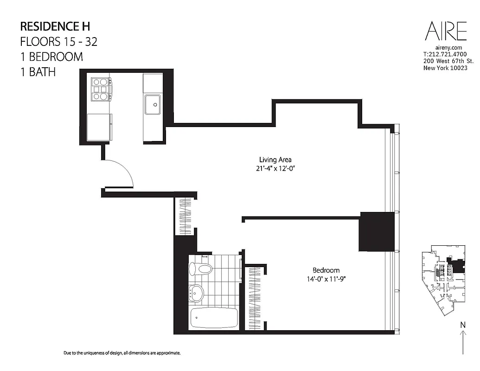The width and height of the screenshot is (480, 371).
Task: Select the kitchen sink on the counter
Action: (x=152, y=104)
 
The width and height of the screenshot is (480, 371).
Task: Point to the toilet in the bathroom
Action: (x=200, y=268)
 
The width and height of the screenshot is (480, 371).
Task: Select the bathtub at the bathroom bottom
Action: (x=214, y=317)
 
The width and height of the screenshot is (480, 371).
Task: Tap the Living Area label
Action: (x=275, y=160)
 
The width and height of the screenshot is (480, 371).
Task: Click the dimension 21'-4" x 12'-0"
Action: (x=275, y=169)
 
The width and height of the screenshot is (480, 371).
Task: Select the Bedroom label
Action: (x=326, y=270)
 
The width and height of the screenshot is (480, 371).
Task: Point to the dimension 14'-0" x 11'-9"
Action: (x=326, y=279)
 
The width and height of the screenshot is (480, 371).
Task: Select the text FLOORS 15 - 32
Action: (x=58, y=41)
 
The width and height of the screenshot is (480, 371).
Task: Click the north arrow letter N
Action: (x=462, y=325)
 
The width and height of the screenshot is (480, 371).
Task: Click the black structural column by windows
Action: (x=377, y=232)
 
